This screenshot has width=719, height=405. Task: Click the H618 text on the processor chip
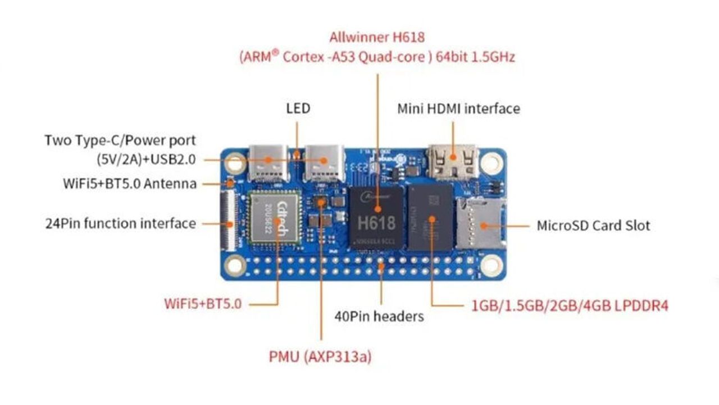click(376, 223)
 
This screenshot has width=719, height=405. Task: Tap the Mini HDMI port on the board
click(453, 162)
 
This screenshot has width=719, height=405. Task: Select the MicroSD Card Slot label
click(593, 226)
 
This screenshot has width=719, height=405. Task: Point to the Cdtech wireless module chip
click(275, 219)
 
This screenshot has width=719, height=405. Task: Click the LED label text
click(298, 109)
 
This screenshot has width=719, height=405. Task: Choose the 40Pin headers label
click(379, 317)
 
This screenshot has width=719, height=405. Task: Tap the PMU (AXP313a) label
click(320, 357)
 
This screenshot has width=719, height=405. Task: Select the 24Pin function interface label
click(121, 223)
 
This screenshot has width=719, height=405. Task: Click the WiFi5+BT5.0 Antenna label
click(130, 184)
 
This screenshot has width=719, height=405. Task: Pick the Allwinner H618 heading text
click(377, 37)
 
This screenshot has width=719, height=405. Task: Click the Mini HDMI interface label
click(459, 109)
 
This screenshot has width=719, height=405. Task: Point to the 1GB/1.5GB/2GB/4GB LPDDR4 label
click(570, 305)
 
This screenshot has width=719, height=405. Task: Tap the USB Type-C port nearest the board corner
click(269, 163)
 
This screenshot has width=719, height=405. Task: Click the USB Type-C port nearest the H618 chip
click(324, 163)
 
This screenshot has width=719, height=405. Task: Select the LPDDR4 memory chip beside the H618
click(431, 218)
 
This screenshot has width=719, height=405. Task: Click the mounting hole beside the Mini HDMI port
click(492, 163)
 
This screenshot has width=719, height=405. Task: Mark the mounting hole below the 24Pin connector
click(235, 265)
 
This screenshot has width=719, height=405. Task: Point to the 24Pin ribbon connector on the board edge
click(228, 221)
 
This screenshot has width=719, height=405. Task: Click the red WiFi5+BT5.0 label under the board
click(203, 304)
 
